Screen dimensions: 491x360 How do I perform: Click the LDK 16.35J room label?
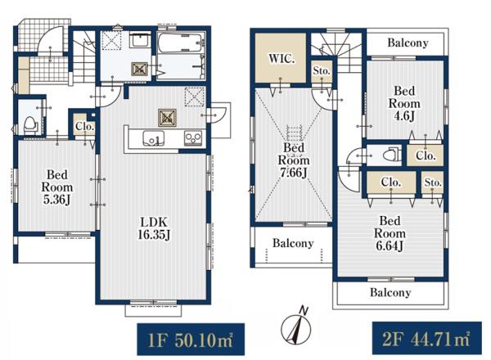(154, 228)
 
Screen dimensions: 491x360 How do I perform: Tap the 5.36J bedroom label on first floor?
(57, 187)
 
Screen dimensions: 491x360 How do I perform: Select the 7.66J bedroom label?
(294, 160)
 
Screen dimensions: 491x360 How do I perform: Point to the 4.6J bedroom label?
(404, 104)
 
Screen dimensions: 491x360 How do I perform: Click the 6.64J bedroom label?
(390, 233)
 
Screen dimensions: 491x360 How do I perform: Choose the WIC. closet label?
(282, 59)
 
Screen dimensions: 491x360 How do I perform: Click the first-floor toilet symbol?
(31, 125)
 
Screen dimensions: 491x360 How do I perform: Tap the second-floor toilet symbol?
(394, 155)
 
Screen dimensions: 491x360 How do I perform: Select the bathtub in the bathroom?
(180, 43)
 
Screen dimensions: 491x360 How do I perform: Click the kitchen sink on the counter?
(154, 138)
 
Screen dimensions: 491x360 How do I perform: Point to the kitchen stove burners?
(193, 137)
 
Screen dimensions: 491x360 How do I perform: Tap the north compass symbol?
(296, 326)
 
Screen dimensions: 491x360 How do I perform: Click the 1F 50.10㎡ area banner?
(191, 340)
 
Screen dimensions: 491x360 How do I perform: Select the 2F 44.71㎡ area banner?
(427, 339)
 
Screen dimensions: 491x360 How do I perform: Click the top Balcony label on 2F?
(408, 43)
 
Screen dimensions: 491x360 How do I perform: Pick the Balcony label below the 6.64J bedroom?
(390, 292)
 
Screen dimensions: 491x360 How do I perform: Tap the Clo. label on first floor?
(85, 127)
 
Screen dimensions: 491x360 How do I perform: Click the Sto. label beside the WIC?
(322, 70)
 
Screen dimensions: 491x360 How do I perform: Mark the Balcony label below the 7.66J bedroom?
(293, 243)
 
